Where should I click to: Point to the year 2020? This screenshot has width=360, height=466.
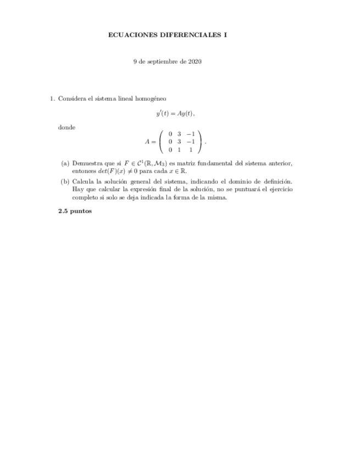[195, 62]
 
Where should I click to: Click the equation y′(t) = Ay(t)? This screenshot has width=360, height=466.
[175, 114]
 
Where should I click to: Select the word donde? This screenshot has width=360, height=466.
[66, 127]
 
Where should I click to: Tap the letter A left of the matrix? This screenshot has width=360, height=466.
[147, 142]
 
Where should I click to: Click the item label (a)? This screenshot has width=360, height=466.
[65, 163]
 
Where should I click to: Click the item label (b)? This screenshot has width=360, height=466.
[65, 181]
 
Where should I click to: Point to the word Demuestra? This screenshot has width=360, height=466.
[86, 163]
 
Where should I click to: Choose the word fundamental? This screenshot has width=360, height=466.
[212, 163]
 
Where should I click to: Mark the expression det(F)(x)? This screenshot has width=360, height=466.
[108, 171]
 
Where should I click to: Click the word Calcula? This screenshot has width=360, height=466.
[82, 181]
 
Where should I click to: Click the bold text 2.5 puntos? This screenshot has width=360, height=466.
[75, 211]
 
